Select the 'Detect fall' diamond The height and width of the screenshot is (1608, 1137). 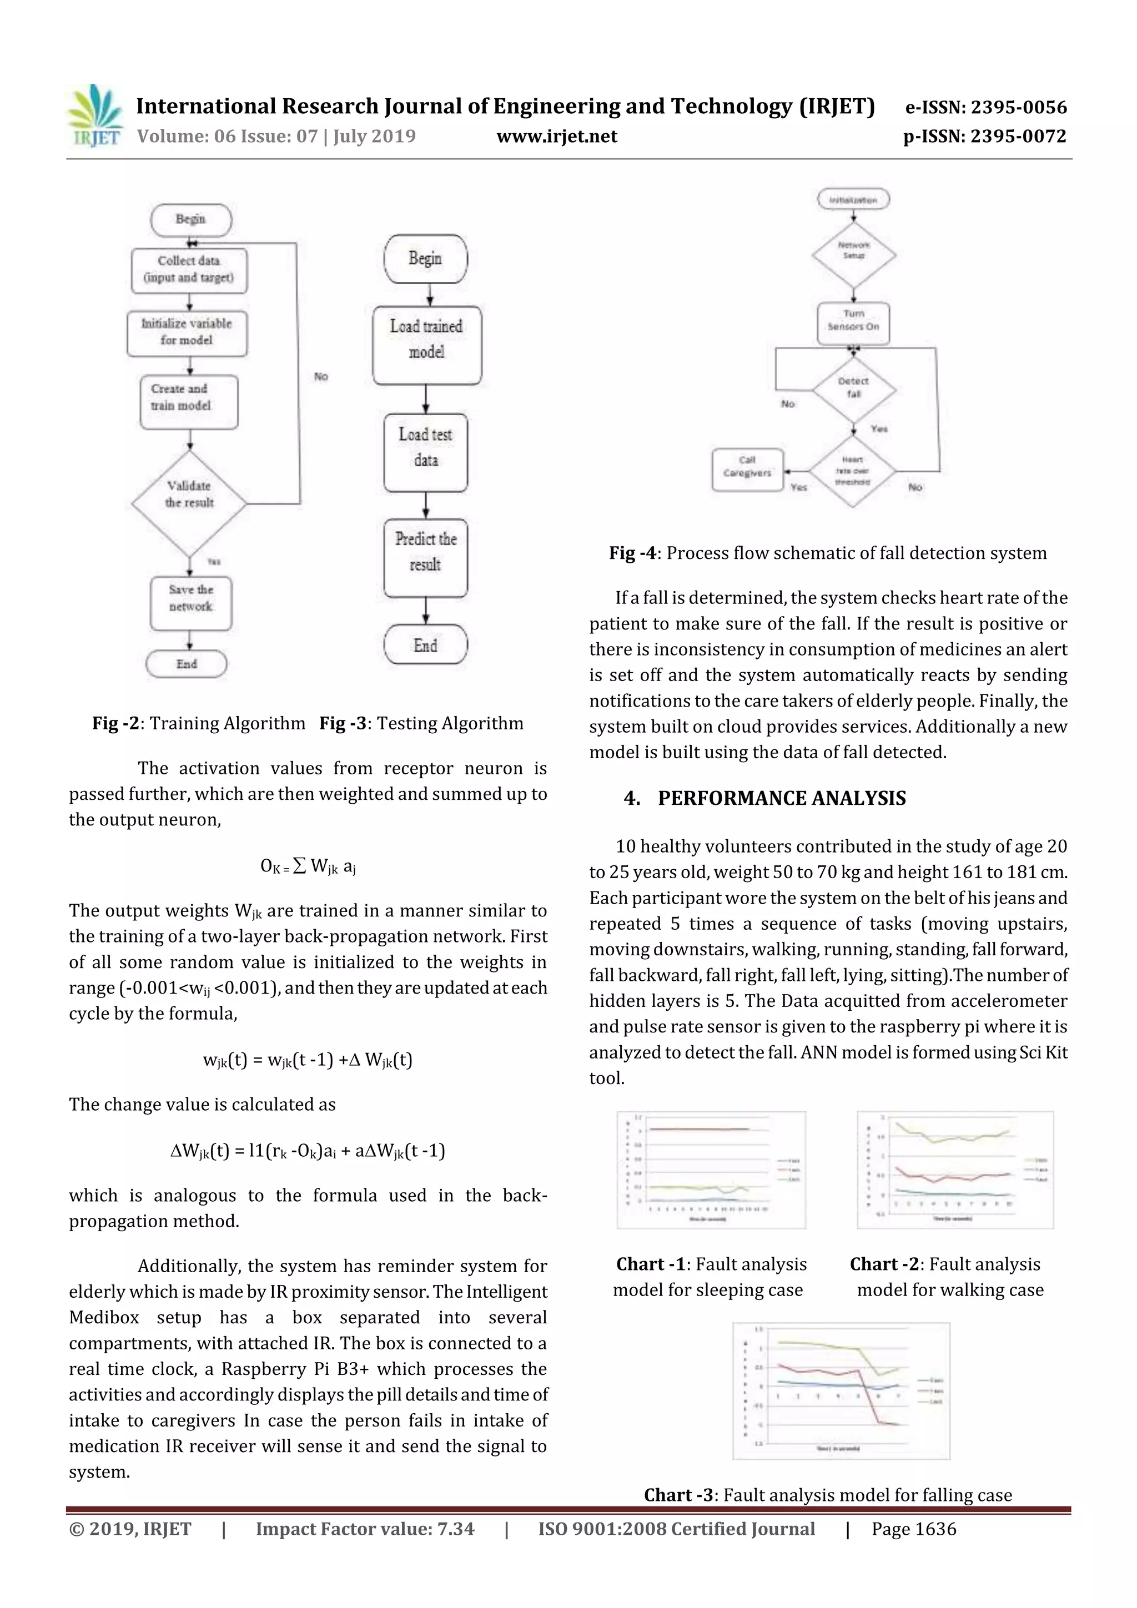coord(853,389)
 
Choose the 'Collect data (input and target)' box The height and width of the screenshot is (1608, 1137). coord(189,270)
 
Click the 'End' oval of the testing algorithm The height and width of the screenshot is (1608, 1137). coord(425,644)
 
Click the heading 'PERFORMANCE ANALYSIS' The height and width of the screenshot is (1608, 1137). coord(781,798)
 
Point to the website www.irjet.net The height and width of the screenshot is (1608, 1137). coord(557,137)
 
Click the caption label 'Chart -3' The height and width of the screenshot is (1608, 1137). coord(678,1495)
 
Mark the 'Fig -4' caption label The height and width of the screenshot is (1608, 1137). coord(632,553)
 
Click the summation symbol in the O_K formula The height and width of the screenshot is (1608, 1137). coord(299,866)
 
